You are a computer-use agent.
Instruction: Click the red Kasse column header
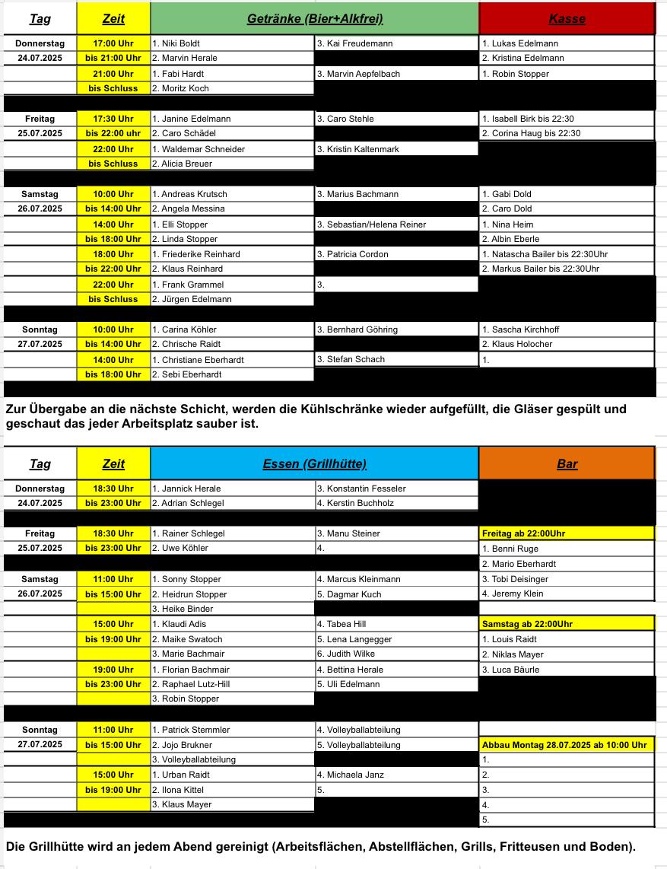click(x=567, y=19)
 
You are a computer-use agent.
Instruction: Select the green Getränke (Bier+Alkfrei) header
click(x=315, y=19)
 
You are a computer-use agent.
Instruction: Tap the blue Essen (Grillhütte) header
click(x=315, y=463)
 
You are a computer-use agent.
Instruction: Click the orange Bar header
click(x=567, y=463)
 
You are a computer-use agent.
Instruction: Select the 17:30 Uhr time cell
click(x=113, y=119)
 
